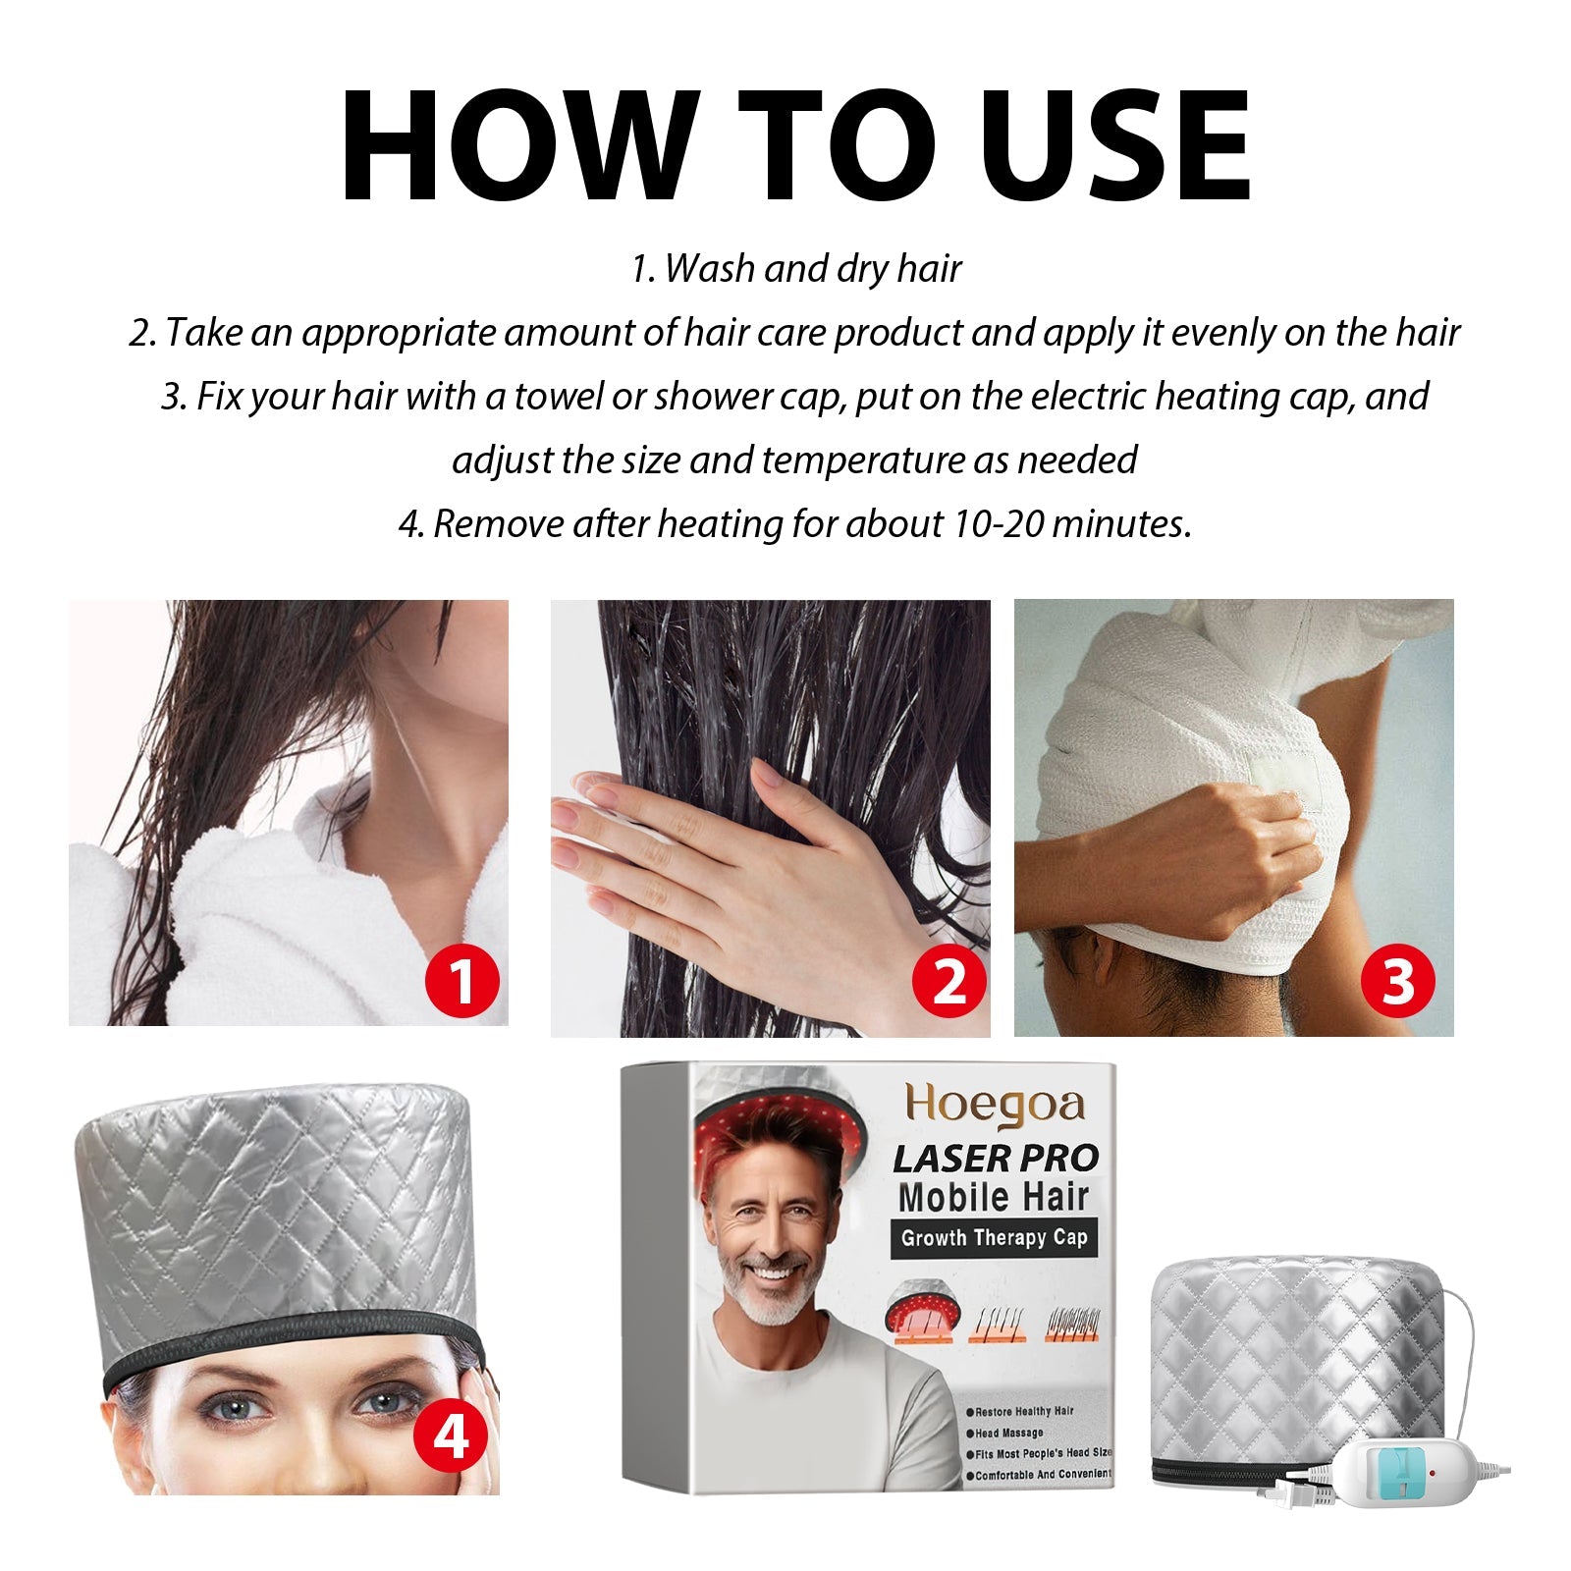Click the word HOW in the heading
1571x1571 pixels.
point(520,147)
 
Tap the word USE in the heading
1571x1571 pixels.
point(1114,147)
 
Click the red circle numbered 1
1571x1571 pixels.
point(461,981)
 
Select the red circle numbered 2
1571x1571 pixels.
point(948,981)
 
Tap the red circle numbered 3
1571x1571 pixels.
point(1397,981)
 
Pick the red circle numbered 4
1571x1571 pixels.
point(451,1438)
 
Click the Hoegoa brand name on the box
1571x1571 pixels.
point(994,1105)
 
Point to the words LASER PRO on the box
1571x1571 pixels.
point(995,1159)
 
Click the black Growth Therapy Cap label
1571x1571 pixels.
point(994,1238)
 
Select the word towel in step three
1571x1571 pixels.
point(559,397)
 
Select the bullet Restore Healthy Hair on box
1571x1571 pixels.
point(1023,1411)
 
